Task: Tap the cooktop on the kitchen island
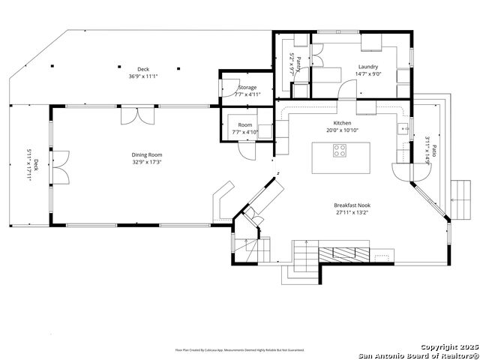(x=340, y=148)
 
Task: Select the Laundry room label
(x=368, y=67)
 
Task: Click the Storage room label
(x=247, y=88)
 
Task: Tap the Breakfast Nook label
(x=352, y=205)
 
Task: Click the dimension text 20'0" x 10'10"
(x=342, y=130)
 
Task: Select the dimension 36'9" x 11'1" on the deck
(x=142, y=76)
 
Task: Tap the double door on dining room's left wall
(x=60, y=174)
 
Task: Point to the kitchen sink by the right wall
(x=404, y=129)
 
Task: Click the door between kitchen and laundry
(x=346, y=89)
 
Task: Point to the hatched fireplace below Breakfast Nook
(x=346, y=253)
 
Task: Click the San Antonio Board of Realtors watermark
(x=417, y=355)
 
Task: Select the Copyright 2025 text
(x=448, y=347)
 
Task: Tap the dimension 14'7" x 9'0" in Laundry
(x=368, y=73)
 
